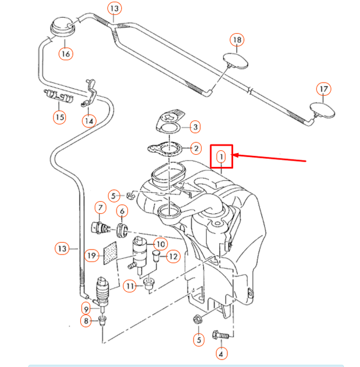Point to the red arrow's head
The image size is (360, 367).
[x=235, y=155]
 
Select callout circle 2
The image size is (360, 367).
[x=195, y=149]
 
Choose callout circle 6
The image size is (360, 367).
[x=122, y=212]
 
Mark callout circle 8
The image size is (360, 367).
[x=86, y=321]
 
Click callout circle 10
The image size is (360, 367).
[x=160, y=244]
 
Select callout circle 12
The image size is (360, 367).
[x=173, y=256]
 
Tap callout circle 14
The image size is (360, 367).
[x=89, y=120]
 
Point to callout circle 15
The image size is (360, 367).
[x=60, y=118]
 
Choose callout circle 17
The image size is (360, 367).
[x=324, y=89]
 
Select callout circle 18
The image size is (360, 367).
[x=237, y=40]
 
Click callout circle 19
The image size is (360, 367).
[x=91, y=255]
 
